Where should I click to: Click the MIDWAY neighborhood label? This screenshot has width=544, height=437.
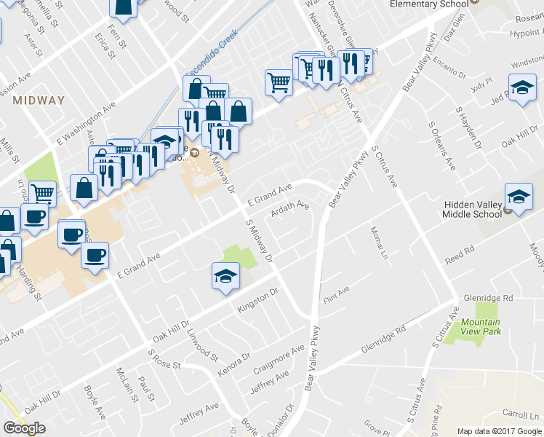coord(39,101)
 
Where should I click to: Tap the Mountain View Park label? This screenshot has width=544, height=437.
coord(481,327)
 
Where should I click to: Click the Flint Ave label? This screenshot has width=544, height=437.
coord(335,295)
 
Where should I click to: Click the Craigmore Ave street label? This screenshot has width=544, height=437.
coord(278,361)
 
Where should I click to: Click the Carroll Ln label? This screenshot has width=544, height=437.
coord(524,414)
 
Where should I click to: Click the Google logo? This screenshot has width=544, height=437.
coord(24,428)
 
